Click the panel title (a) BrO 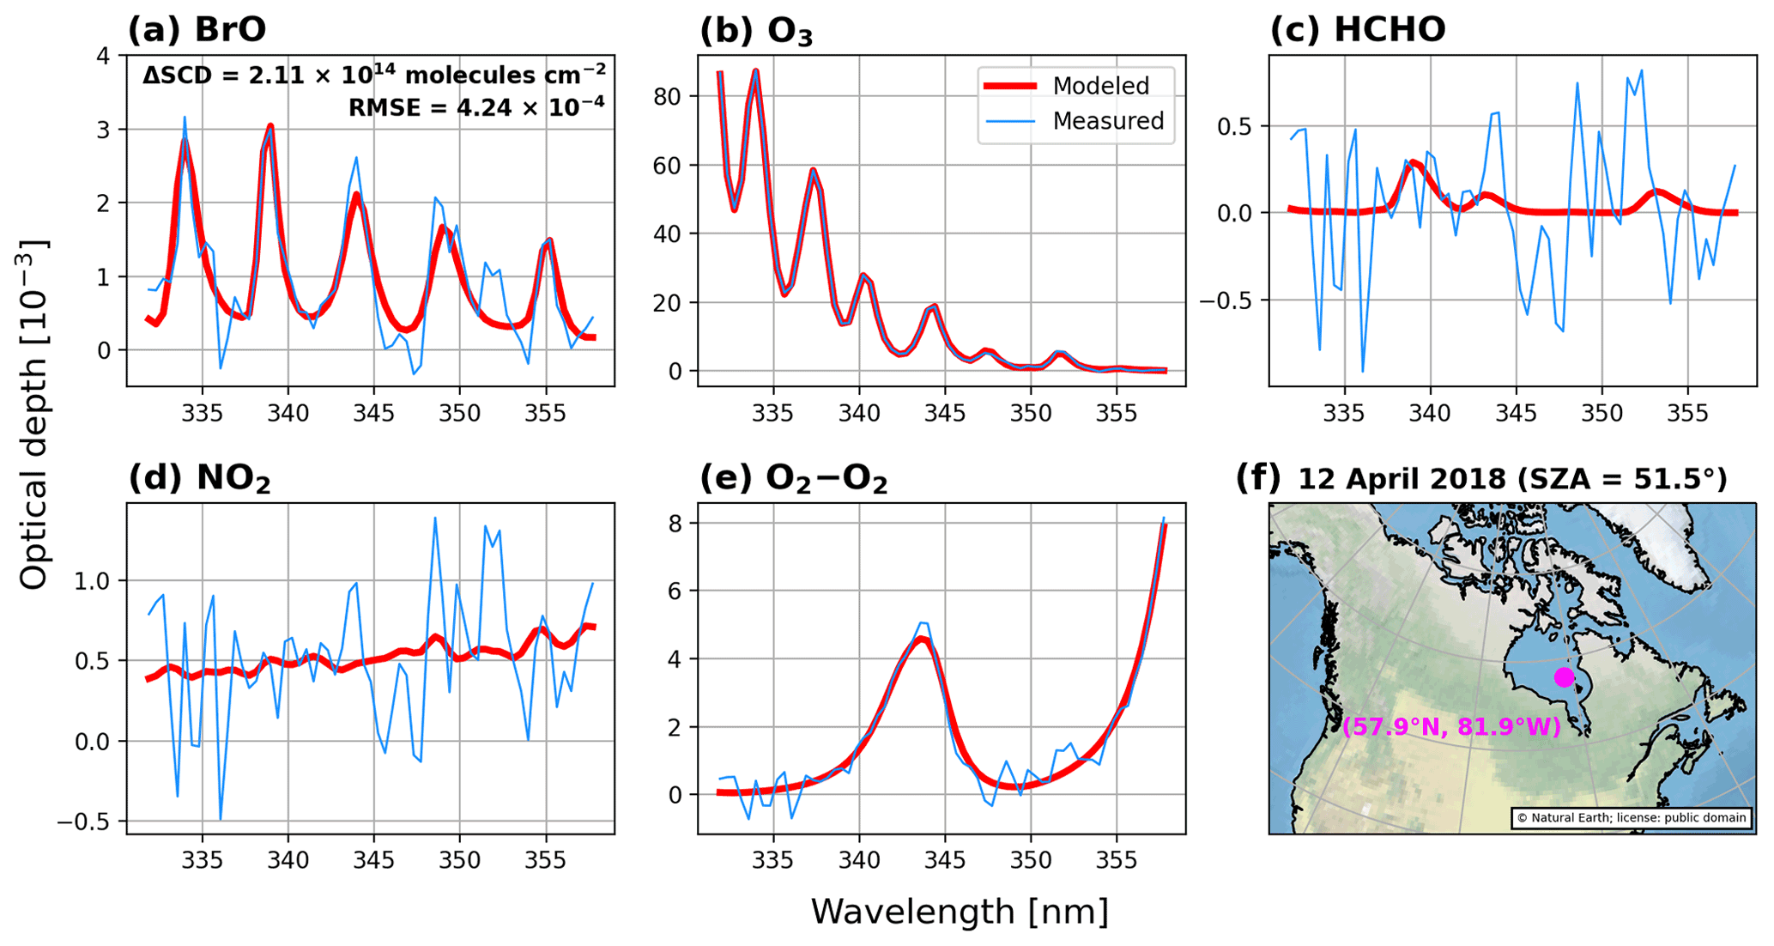click(x=197, y=29)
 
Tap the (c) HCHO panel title click(x=1358, y=29)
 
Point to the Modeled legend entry click(x=1100, y=86)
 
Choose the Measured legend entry click(x=1107, y=121)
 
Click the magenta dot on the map click(x=1564, y=677)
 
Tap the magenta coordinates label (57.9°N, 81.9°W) click(x=1451, y=727)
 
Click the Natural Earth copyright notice click(x=1632, y=818)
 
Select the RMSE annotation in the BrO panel click(x=476, y=107)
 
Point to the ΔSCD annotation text click(x=374, y=76)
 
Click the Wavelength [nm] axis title click(x=960, y=911)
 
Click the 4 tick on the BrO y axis click(x=104, y=57)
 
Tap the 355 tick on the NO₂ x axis click(x=545, y=859)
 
